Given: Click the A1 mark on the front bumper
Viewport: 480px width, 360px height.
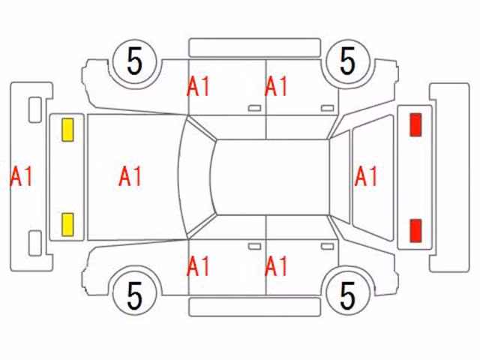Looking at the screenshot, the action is click(22, 177).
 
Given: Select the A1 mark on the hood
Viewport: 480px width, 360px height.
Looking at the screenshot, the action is click(130, 177).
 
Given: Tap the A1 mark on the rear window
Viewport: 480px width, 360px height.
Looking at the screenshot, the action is click(366, 177).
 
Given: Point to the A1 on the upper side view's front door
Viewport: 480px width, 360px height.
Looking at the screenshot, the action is click(198, 87).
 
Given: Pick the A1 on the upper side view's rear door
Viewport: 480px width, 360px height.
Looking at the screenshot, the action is click(276, 87).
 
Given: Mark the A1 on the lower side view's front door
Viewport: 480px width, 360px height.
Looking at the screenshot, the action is click(198, 266).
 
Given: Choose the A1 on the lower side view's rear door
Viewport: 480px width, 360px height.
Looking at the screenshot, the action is click(276, 266).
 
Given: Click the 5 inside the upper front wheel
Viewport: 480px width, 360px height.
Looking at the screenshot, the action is click(135, 61).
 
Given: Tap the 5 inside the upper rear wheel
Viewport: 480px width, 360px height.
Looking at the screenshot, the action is click(348, 61).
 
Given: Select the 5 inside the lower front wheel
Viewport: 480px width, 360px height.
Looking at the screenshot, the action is click(135, 295).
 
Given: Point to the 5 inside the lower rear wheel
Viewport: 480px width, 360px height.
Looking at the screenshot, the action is click(348, 295).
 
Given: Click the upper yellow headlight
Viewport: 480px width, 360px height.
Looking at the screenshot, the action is click(67, 130).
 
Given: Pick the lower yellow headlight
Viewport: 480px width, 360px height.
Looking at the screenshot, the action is click(67, 225).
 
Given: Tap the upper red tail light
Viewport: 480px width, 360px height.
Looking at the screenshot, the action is click(415, 124).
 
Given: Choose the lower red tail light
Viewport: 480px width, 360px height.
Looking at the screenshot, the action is click(415, 230).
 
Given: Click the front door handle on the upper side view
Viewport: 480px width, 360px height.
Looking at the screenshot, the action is click(255, 108).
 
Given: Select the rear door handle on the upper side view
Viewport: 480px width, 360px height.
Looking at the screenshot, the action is click(328, 108).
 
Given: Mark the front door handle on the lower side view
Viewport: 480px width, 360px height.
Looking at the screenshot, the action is click(255, 247).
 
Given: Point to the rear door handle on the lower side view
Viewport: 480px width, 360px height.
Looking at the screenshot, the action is click(328, 247).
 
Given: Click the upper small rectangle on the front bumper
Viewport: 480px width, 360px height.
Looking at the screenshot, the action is click(35, 110).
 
